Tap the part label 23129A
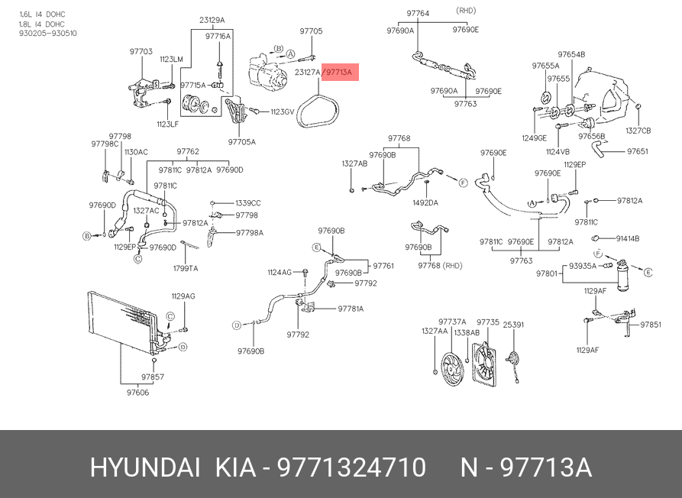click(x=212, y=20)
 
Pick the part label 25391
click(x=513, y=325)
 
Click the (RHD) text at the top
click(x=466, y=11)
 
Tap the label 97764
click(x=417, y=14)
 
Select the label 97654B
click(x=570, y=55)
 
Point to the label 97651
click(x=637, y=151)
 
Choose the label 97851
click(x=651, y=325)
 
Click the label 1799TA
click(x=186, y=268)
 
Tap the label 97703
click(x=141, y=51)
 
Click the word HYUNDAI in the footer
click(x=145, y=467)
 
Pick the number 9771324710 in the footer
click(x=351, y=467)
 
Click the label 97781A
click(x=351, y=309)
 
